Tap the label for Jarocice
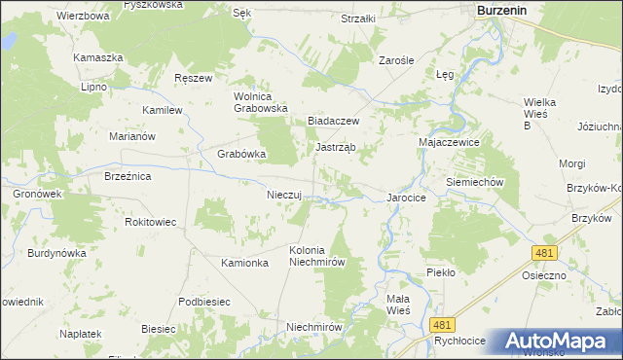(407, 197)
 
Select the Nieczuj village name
(286, 194)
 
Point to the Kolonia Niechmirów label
(317, 256)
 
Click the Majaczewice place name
(451, 141)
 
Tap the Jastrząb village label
(335, 147)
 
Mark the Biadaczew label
(334, 121)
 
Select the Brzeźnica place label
(128, 176)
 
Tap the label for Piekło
(440, 272)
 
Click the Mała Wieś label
(397, 304)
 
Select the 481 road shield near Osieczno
(544, 253)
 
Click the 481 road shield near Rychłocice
(443, 325)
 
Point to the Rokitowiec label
(151, 222)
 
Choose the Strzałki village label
(358, 18)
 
